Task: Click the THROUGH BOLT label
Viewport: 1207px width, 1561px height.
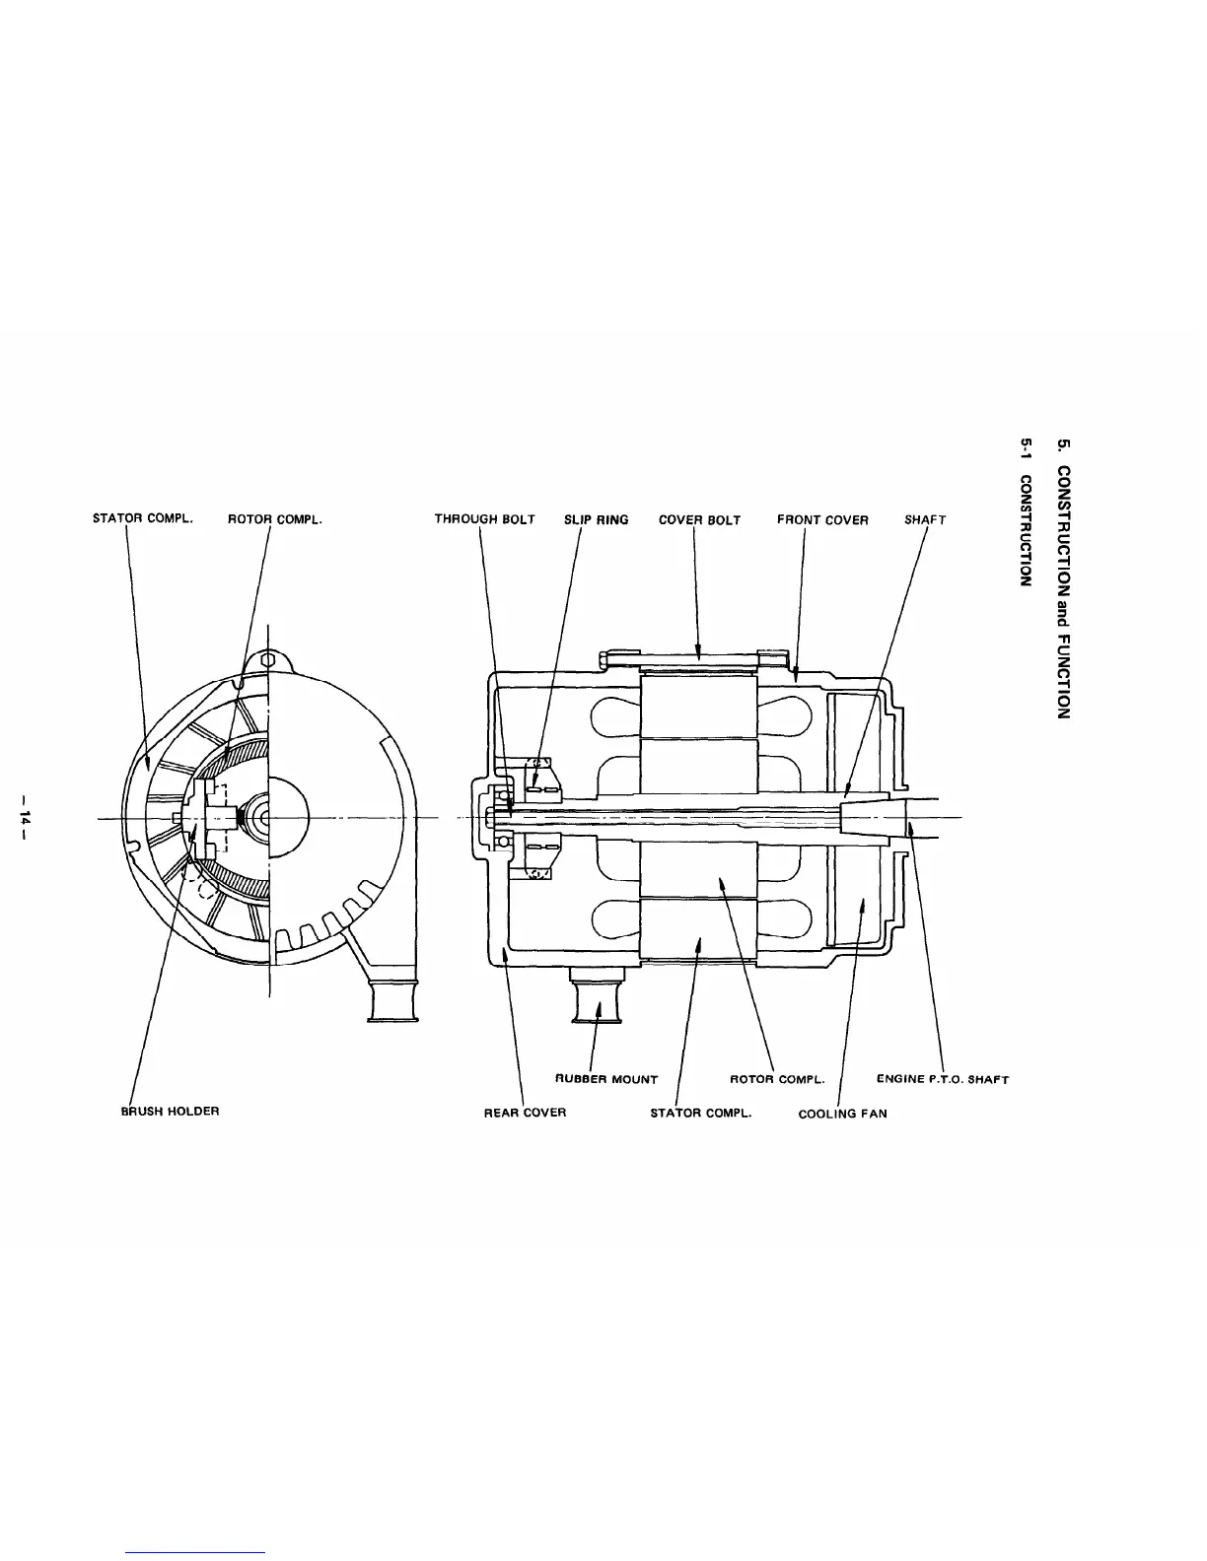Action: pyautogui.click(x=484, y=519)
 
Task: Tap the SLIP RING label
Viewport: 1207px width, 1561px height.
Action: pyautogui.click(x=596, y=519)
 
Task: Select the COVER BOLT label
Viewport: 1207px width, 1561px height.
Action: pyautogui.click(x=699, y=519)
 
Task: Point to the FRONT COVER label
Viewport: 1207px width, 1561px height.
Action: pyautogui.click(x=822, y=519)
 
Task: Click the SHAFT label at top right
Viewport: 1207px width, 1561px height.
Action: pyautogui.click(x=925, y=519)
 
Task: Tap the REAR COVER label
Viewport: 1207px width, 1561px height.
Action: pyautogui.click(x=525, y=1113)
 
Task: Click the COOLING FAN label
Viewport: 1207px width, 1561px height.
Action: pyautogui.click(x=842, y=1114)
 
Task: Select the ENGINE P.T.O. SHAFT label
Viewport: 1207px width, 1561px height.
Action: pyautogui.click(x=942, y=1079)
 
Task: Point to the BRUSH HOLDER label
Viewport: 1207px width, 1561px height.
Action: pyautogui.click(x=170, y=1111)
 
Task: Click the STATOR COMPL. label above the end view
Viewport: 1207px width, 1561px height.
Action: pyautogui.click(x=142, y=517)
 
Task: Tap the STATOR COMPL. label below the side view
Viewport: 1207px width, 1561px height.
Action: pyautogui.click(x=701, y=1113)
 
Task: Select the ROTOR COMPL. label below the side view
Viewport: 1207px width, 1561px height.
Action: pyautogui.click(x=776, y=1079)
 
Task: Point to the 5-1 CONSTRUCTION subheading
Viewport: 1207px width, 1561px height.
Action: pyautogui.click(x=1026, y=516)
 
